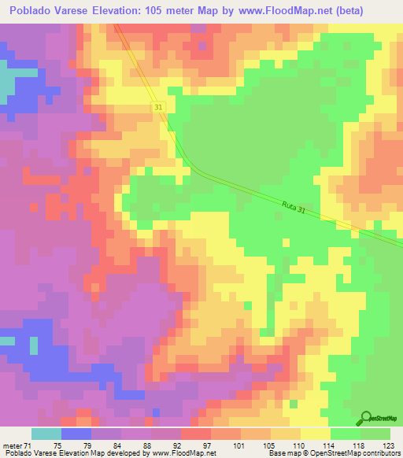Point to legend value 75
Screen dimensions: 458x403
[x=57, y=445]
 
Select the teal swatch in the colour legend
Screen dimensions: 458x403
[x=46, y=434]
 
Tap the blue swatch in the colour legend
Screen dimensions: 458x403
[x=76, y=434]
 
